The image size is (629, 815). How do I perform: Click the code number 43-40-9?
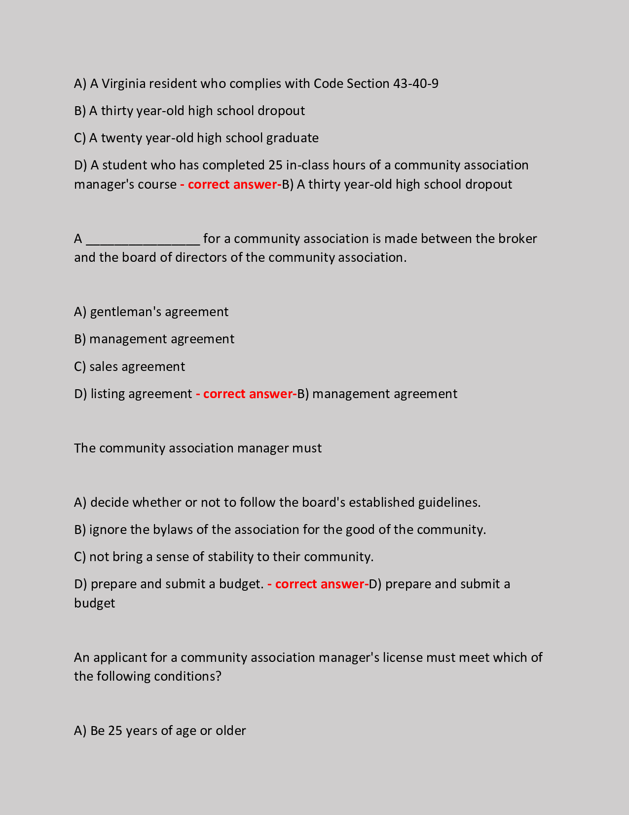(x=415, y=83)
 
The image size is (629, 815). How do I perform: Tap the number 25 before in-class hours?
(x=275, y=165)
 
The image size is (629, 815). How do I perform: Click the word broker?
(x=518, y=239)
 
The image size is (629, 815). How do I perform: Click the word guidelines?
(x=449, y=502)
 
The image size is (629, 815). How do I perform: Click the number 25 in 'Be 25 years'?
(x=114, y=731)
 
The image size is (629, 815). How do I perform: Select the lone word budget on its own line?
(x=94, y=603)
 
